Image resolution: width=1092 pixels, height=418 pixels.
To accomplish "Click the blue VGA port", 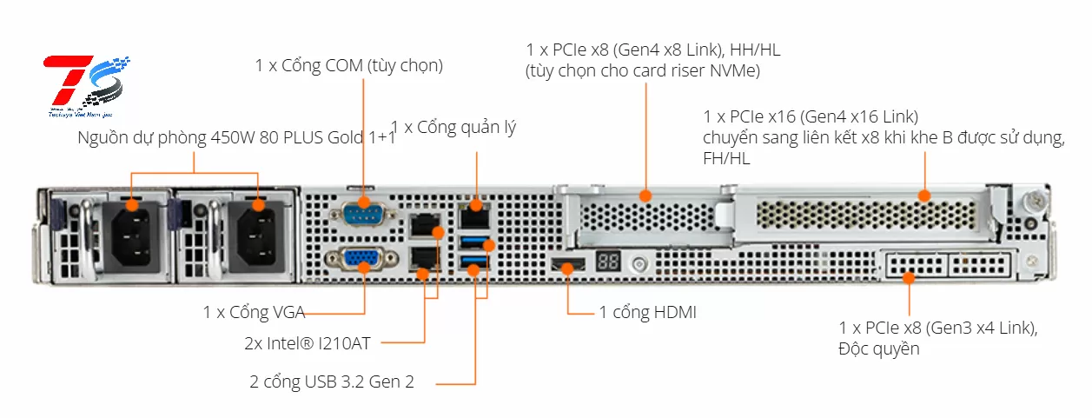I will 358,259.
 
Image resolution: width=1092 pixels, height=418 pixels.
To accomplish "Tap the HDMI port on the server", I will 566,265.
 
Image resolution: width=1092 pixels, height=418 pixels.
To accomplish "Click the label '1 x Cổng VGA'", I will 254,312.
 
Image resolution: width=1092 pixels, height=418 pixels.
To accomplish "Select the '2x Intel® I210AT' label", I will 308,343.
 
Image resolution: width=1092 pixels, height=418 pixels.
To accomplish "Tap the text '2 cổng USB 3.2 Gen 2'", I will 332,382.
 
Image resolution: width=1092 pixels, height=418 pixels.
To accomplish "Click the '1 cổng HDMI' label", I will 647,312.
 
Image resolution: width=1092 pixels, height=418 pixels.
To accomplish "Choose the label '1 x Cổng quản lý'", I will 453,128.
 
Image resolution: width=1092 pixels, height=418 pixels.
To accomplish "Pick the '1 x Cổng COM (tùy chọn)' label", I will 349,65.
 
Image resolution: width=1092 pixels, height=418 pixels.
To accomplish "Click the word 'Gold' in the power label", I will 334,138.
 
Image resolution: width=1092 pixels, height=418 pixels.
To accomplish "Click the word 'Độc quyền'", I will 879,349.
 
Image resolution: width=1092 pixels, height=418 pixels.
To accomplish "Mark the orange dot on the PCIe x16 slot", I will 924,196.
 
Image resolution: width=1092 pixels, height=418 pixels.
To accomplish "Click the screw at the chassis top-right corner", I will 1033,199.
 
